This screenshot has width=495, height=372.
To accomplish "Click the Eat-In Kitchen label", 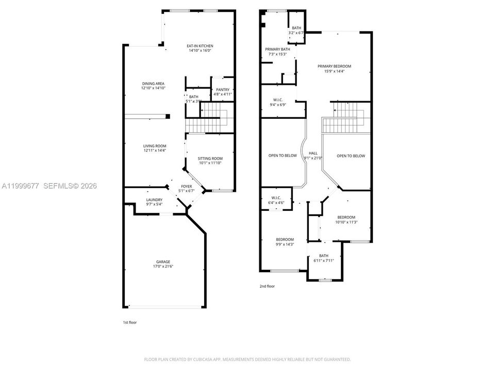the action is (x=200, y=46).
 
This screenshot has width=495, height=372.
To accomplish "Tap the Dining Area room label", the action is (x=153, y=84).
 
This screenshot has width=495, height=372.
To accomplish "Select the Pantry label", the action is (x=223, y=90).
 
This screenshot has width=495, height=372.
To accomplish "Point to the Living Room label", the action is (x=155, y=146).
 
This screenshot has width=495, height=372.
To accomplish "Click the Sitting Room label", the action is (x=210, y=159).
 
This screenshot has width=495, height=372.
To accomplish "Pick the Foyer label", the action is (x=186, y=187).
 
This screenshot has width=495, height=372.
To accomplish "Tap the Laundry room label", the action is (x=154, y=200).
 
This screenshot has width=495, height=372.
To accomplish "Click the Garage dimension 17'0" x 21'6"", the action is (x=163, y=267).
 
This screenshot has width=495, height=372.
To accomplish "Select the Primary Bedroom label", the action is (x=334, y=67).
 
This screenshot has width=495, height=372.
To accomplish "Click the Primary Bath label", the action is (x=277, y=50).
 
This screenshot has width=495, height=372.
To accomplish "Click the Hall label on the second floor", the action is (x=313, y=153).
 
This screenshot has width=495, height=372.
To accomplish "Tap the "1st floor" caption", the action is (x=130, y=322).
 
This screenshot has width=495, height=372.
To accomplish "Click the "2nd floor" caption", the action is (x=267, y=286).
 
